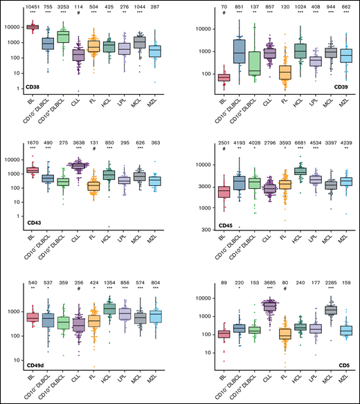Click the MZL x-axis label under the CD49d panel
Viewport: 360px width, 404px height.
170,380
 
